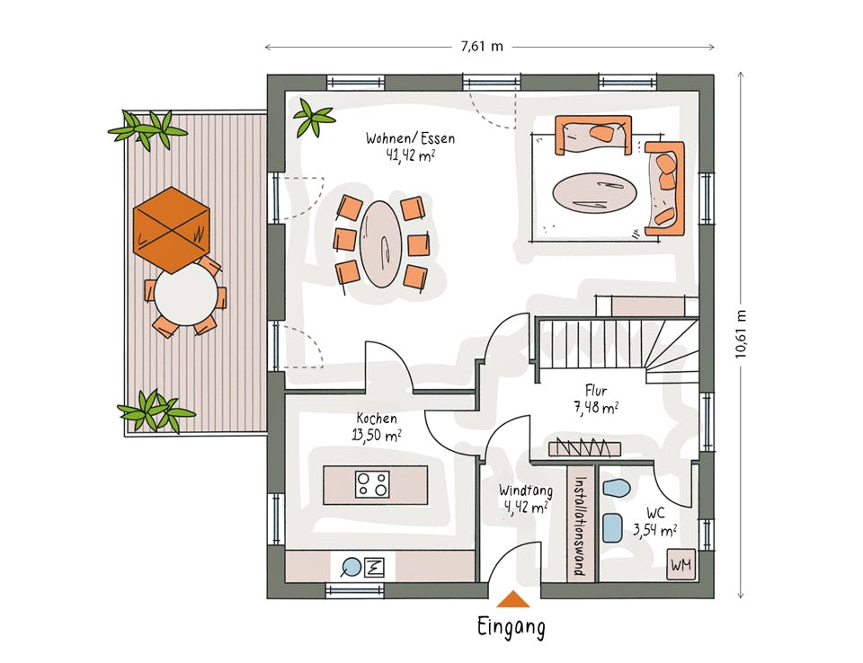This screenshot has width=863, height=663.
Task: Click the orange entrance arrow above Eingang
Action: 513,599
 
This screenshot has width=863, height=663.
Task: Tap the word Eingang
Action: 512,628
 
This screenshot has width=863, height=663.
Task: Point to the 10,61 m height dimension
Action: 741,334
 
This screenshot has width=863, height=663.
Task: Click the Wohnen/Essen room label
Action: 411,146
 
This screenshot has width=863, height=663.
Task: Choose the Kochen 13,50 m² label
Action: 377,427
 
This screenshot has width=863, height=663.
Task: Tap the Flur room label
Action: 596,399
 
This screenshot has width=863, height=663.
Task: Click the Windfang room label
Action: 526,498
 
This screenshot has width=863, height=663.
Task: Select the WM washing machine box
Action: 681,564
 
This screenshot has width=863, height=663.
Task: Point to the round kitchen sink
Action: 351,567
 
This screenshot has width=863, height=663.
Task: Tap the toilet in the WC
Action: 617,488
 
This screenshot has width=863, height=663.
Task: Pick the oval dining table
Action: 380,243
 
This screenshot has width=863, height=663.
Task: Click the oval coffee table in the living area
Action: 594,193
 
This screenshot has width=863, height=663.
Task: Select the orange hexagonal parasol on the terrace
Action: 172,230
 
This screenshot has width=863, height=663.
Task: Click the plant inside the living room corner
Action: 313,117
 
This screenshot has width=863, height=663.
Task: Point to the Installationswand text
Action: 579,526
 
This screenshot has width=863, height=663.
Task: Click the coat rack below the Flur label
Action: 584,448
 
